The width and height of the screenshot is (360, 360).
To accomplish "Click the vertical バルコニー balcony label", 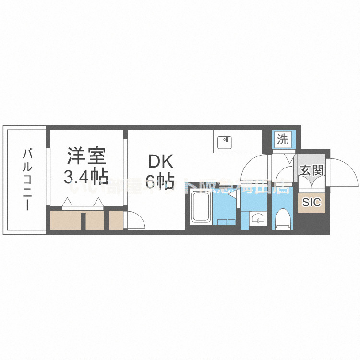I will click(28, 180).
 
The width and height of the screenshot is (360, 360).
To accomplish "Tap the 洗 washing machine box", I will click(283, 140).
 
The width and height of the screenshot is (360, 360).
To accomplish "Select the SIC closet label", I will click(311, 202).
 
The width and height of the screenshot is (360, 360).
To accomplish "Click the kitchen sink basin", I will click(225, 142).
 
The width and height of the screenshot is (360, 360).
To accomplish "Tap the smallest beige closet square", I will click(116, 220).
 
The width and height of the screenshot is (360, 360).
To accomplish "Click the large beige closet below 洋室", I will click(65, 220).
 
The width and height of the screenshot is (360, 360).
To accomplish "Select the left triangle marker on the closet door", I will click(67, 204).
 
